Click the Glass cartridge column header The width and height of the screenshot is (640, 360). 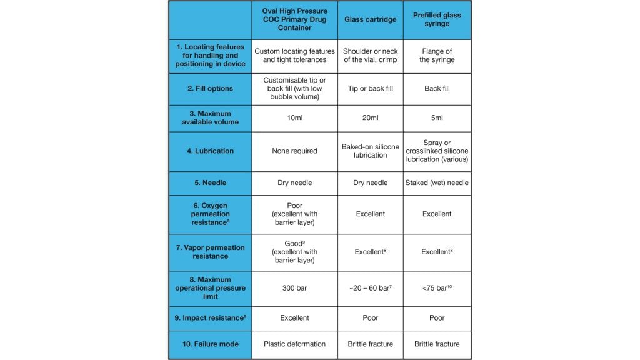pyautogui.click(x=371, y=19)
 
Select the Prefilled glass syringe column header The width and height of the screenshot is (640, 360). pyautogui.click(x=437, y=19)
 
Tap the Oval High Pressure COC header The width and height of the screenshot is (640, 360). pyautogui.click(x=294, y=19)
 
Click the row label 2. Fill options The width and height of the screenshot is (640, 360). pyautogui.click(x=210, y=89)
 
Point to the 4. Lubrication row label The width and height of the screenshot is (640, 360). pyautogui.click(x=210, y=151)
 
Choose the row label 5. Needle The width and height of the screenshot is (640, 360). pyautogui.click(x=210, y=182)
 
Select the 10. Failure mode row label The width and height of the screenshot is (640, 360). pyautogui.click(x=210, y=344)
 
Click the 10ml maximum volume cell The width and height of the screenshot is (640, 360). pyautogui.click(x=294, y=118)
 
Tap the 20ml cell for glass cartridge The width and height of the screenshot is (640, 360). pyautogui.click(x=371, y=118)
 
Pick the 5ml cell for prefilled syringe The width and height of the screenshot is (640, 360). pyautogui.click(x=437, y=118)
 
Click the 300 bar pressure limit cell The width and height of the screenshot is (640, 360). pyautogui.click(x=294, y=288)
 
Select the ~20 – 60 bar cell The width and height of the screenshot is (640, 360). pyautogui.click(x=371, y=288)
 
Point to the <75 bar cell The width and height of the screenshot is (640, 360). pyautogui.click(x=437, y=288)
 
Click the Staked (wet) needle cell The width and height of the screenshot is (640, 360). pyautogui.click(x=437, y=182)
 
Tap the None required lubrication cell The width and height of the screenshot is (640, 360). pyautogui.click(x=294, y=151)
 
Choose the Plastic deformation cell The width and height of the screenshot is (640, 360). pyautogui.click(x=294, y=344)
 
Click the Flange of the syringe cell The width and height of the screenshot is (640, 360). pyautogui.click(x=437, y=56)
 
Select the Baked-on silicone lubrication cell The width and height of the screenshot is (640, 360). pyautogui.click(x=371, y=151)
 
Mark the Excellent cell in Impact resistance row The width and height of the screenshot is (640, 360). pyautogui.click(x=294, y=318)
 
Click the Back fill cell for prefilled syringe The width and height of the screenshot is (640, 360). pyautogui.click(x=437, y=89)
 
